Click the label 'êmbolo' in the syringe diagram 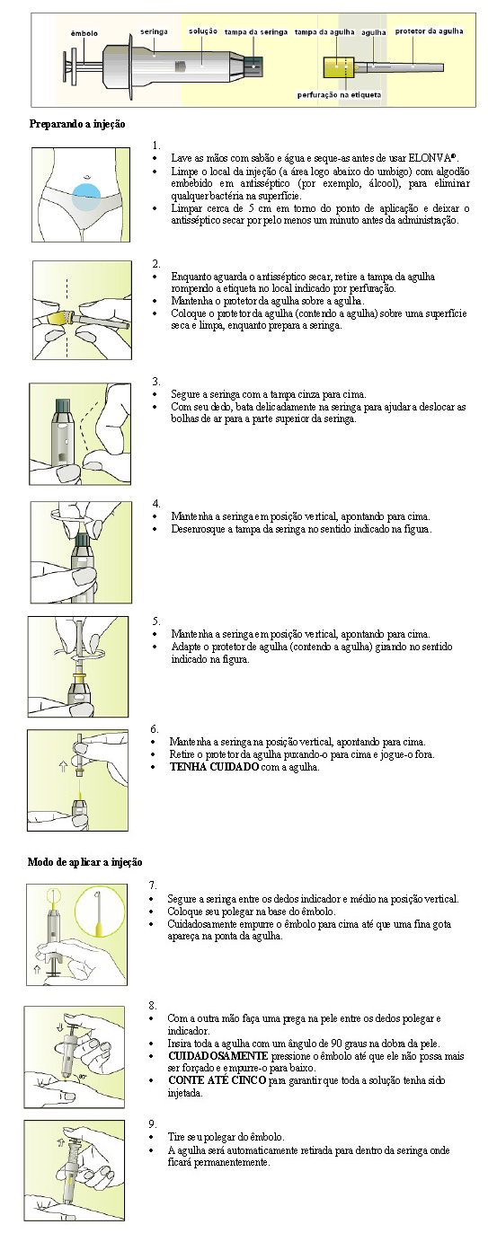coord(84,33)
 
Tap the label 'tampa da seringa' coord(256,32)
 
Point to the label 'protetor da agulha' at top coord(430,31)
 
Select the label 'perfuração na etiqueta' coord(339,95)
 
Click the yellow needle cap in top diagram coord(339,67)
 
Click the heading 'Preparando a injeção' coord(77,124)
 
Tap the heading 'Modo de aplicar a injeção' coord(85,861)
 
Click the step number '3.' coord(156,382)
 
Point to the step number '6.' coord(155,728)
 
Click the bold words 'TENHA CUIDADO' coord(214,767)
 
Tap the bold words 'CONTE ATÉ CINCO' coord(217,1080)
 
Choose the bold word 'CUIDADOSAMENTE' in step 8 coord(218,1056)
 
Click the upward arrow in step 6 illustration coord(63,766)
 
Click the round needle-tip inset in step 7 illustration coord(98,909)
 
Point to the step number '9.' coord(153,1123)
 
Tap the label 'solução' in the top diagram coord(203,31)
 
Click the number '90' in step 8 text coord(335,1044)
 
